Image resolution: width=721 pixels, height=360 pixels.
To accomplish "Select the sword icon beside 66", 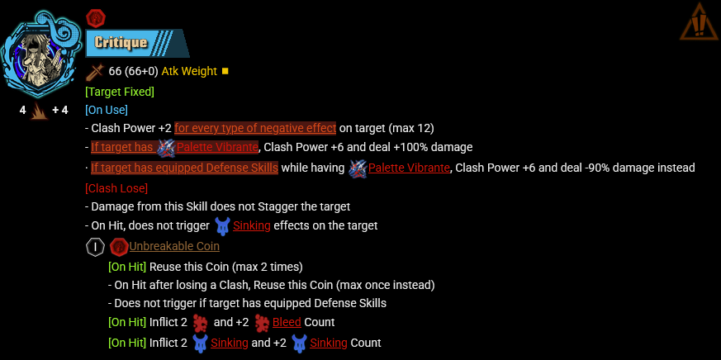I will (95, 71).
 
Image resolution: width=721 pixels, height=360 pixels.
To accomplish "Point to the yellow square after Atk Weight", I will (225, 71).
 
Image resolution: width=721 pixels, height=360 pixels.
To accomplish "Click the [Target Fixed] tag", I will (120, 92).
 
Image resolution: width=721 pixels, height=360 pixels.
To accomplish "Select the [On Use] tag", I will (107, 110).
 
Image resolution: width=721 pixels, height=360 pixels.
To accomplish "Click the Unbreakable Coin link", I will (174, 246).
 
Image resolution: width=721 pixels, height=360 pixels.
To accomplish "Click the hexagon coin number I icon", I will (95, 246).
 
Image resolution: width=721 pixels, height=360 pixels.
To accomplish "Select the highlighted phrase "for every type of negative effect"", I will (255, 128).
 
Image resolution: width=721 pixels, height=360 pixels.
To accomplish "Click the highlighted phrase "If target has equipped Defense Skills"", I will (184, 168).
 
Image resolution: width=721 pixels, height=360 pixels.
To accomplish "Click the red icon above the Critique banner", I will (96, 17).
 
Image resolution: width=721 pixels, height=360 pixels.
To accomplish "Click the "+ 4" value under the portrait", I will (59, 110).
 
